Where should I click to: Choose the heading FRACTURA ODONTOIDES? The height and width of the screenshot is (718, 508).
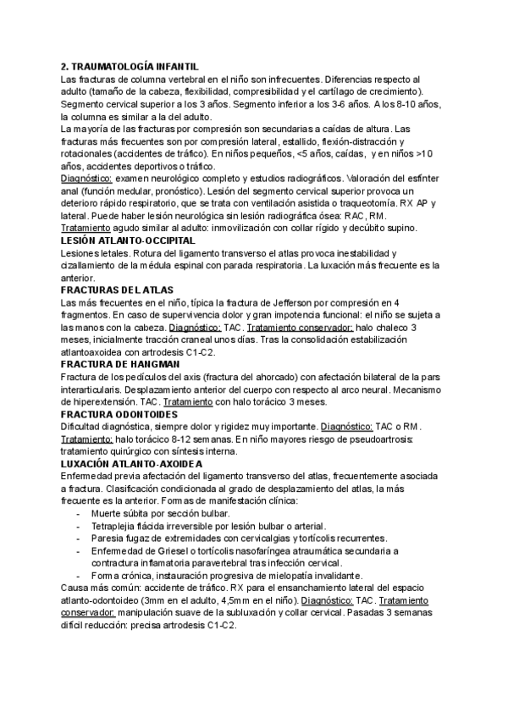[119, 415]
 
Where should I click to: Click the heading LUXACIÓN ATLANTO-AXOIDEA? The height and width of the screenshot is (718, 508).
[132, 464]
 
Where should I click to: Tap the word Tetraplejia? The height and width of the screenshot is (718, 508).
[114, 526]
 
